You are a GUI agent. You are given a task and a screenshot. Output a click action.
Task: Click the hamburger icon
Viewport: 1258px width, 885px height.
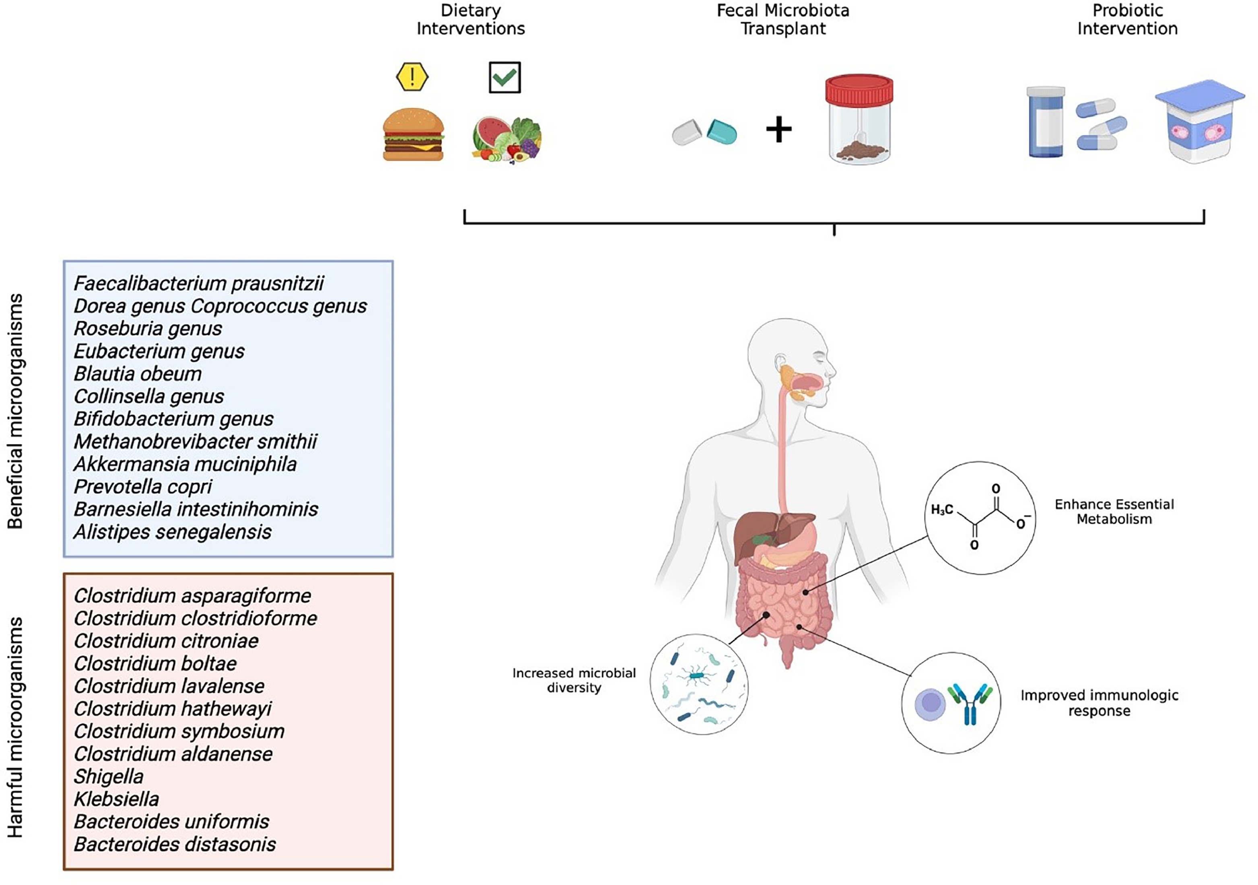click(x=413, y=135)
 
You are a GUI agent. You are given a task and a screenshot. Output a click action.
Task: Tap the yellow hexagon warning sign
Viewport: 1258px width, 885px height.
click(x=412, y=77)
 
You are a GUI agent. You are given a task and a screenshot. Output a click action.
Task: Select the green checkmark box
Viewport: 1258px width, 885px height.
click(x=504, y=77)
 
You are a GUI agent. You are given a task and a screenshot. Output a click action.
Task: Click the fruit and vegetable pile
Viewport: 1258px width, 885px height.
click(x=507, y=140)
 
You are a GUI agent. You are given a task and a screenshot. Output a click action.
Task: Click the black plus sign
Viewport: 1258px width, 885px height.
click(x=778, y=130)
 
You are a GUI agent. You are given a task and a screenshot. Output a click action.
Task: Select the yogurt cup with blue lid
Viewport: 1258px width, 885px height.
click(x=1199, y=121)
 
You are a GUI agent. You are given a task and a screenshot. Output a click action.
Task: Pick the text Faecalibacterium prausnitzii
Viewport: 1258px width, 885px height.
click(x=198, y=283)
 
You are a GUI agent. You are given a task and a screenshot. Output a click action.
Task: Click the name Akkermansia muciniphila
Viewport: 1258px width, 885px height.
click(x=185, y=464)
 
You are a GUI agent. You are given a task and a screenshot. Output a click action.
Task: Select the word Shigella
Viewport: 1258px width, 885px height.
click(x=109, y=776)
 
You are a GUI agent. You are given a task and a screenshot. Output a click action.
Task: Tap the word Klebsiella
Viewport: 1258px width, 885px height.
click(x=116, y=799)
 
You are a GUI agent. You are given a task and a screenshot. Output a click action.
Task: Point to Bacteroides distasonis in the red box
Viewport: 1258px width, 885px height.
click(x=175, y=844)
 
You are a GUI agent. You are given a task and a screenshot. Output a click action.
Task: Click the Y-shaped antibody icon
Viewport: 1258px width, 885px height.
click(x=970, y=704)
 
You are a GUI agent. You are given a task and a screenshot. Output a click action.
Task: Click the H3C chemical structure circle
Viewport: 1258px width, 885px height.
click(x=980, y=518)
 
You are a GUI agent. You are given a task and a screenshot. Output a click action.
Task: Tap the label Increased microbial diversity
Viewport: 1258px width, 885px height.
click(x=574, y=680)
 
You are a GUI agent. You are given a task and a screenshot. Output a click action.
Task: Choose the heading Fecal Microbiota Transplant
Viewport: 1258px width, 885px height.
click(x=783, y=19)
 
